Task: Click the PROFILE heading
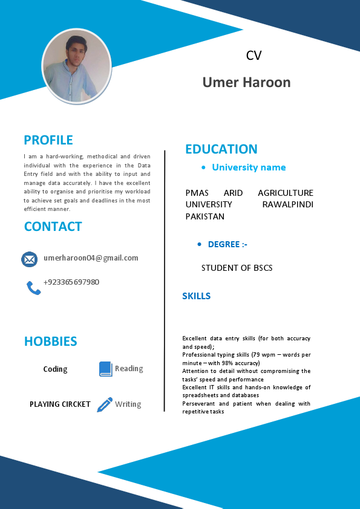point(48,140)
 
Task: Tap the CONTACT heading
point(53,227)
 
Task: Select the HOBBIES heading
point(51,342)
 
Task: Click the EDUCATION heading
point(221,149)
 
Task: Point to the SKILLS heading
point(197,296)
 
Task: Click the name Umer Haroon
point(247,82)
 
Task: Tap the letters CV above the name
point(254,56)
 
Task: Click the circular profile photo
point(76,66)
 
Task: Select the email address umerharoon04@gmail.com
point(91,258)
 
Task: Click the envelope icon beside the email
point(29,259)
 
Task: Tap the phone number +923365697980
point(71,282)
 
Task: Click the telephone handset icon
point(33,288)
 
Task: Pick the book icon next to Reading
point(106,369)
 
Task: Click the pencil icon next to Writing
point(105,404)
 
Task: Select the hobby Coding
point(56,369)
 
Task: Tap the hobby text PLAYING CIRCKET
point(60,404)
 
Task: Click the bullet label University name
point(249,167)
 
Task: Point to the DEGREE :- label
point(227,244)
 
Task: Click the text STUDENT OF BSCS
point(237,268)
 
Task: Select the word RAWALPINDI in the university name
point(288,204)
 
